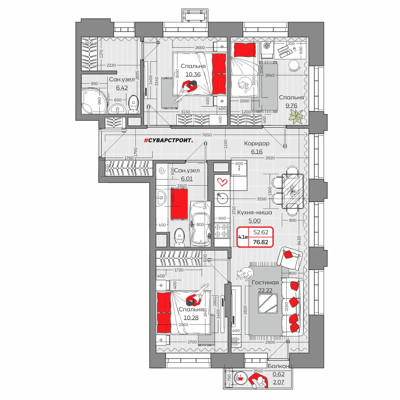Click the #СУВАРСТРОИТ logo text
coord(168,141)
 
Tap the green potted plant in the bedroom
coord(296,117)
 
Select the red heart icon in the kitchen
coord(222,182)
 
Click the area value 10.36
coord(193,74)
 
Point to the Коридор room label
coord(257,143)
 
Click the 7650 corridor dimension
coord(207,135)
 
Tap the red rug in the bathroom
coord(179,204)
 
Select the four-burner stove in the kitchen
coord(222,231)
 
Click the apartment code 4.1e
coord(243,237)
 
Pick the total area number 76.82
coord(261,242)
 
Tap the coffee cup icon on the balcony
coord(240,378)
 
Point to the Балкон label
coord(278,366)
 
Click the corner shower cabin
coord(94,101)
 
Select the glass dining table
coord(292,191)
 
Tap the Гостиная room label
coord(265,283)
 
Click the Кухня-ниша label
coord(254,213)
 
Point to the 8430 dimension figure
coord(299,240)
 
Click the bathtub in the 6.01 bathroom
coord(201,224)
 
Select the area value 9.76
coord(291,106)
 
